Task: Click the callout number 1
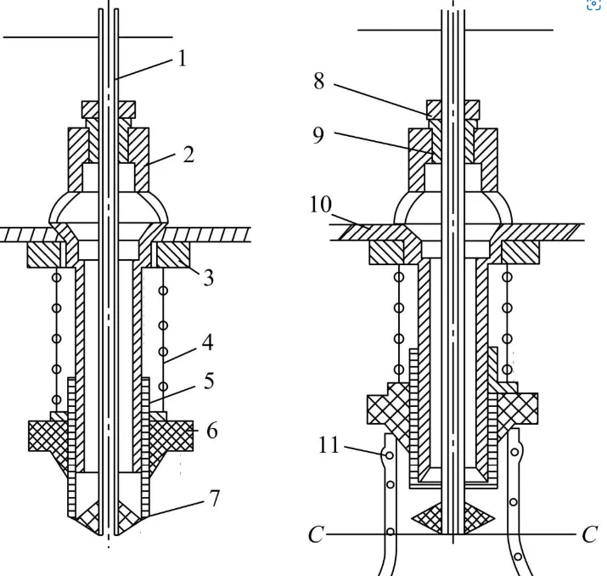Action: pos(183,59)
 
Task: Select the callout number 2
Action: pos(188,154)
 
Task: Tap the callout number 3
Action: pos(209,278)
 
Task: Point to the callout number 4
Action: pos(207,342)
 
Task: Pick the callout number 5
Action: pos(209,381)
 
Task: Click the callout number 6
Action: pos(211,431)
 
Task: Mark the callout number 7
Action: pos(214,498)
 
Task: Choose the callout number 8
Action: pos(319,82)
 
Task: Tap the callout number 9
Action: pos(318,135)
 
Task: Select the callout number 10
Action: pos(321,204)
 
